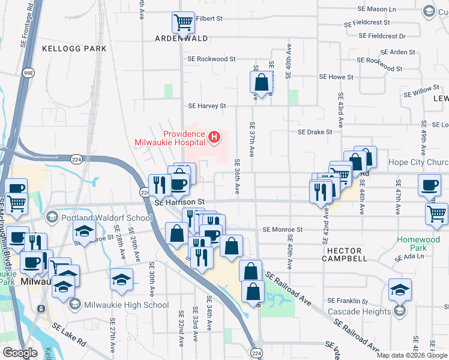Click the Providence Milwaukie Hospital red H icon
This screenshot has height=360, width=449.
point(214,138)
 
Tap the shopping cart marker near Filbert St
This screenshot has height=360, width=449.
point(184,23)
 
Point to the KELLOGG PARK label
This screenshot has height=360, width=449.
point(74,48)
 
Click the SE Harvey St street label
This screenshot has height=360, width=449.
point(207,106)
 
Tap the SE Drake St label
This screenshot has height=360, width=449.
point(315,132)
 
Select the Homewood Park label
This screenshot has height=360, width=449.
point(418,244)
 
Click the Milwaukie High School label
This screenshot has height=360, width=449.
point(127,305)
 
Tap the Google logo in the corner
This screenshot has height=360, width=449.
point(20,353)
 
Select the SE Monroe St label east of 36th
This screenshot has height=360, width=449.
point(283,229)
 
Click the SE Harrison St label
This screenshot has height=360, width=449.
point(180,203)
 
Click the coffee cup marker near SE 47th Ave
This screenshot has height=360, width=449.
point(430,185)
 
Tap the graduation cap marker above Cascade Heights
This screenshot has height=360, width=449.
point(400,289)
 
